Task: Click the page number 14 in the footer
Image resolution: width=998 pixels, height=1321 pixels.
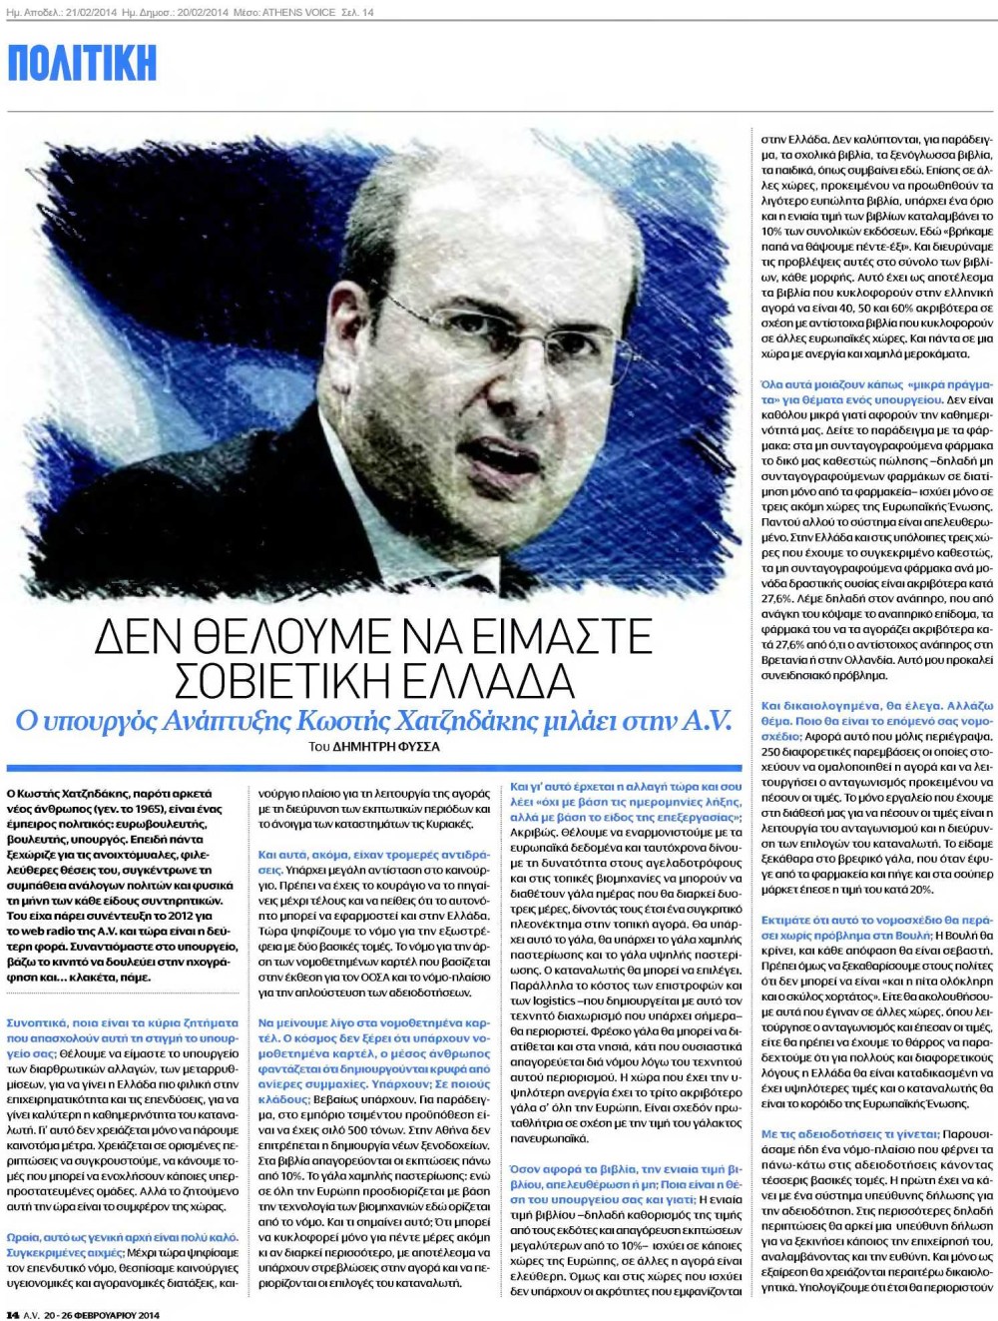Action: [x=14, y=1314]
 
